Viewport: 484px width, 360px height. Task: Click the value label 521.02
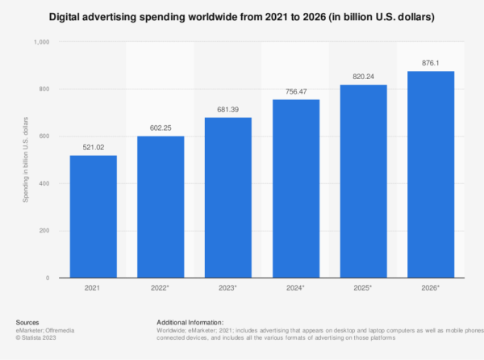click(x=93, y=147)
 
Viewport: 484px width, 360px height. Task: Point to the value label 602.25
click(x=161, y=128)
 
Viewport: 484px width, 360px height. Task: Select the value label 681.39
click(x=228, y=109)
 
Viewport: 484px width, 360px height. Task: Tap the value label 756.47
click(x=295, y=91)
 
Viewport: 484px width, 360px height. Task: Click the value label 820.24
click(x=363, y=76)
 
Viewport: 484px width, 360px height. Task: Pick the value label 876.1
click(x=431, y=63)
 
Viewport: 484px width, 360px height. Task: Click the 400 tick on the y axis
click(x=44, y=184)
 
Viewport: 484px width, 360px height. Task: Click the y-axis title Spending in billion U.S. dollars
click(x=25, y=161)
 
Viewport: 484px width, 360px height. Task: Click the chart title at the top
click(x=242, y=16)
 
